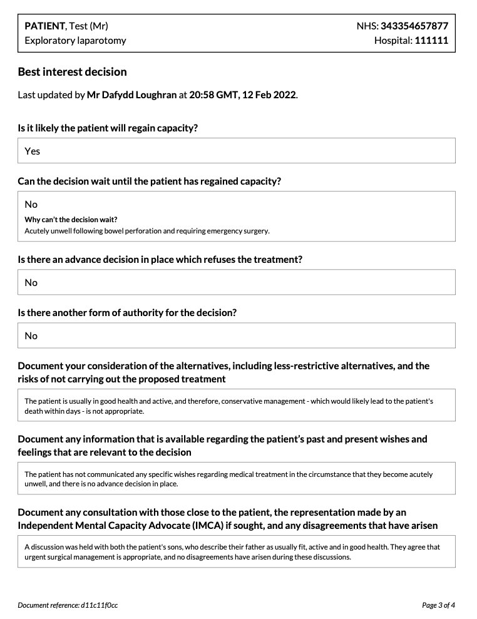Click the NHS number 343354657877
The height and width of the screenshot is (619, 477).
click(x=414, y=26)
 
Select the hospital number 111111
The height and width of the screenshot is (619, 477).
click(x=431, y=41)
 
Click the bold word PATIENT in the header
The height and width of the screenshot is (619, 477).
click(x=44, y=26)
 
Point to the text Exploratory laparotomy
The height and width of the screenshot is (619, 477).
click(x=75, y=41)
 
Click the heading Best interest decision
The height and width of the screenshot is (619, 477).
click(x=72, y=72)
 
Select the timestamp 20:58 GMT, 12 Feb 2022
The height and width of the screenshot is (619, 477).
click(x=242, y=95)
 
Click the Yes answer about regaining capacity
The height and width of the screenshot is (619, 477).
click(x=32, y=151)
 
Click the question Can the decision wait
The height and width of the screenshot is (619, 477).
click(x=149, y=182)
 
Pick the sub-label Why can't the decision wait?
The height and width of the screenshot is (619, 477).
click(x=71, y=220)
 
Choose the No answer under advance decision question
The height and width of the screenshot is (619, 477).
click(x=31, y=282)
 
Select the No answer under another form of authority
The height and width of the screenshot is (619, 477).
click(x=31, y=335)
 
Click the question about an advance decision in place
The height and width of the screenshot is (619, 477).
click(x=160, y=260)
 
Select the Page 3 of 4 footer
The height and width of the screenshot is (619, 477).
click(x=438, y=605)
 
